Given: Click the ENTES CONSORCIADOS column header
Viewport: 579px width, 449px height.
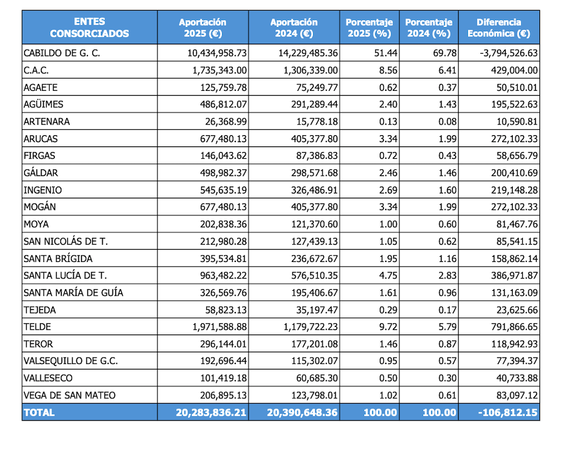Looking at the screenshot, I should [x=89, y=28].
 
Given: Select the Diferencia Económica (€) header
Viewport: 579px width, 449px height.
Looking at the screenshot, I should [x=499, y=28].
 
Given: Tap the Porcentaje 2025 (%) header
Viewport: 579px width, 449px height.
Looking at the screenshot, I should [x=369, y=28].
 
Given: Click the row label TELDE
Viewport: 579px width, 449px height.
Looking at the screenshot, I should [x=37, y=326].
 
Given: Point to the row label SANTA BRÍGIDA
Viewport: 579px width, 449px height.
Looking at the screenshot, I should [x=58, y=258].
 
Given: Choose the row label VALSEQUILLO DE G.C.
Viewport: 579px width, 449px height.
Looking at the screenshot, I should [x=70, y=360].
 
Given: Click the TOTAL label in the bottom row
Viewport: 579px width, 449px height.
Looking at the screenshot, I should [x=39, y=412].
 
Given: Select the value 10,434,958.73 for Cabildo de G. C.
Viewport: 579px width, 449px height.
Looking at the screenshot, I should [x=217, y=53].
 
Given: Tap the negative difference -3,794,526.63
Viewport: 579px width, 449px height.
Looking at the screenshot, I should [x=508, y=53].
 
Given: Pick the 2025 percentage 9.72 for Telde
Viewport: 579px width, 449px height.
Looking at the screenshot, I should [x=386, y=326].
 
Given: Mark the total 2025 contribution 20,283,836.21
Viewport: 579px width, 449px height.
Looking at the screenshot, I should [x=211, y=412].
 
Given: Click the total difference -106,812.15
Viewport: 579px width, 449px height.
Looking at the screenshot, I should [x=509, y=412].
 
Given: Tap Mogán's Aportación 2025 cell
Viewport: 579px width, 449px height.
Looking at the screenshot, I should [x=220, y=207].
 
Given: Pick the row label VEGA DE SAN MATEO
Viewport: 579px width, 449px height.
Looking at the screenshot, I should [x=69, y=395].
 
